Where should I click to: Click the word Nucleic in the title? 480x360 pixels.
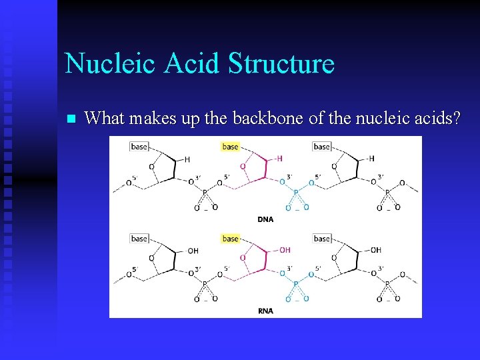coord(109,63)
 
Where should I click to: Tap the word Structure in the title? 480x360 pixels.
coord(281,63)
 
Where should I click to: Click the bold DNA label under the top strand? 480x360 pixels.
coord(265,219)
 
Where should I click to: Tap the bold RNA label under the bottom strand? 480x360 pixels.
coord(265,311)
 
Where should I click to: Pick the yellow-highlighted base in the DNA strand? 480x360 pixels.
coord(231,147)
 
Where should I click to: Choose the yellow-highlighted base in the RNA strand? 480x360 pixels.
coord(231,238)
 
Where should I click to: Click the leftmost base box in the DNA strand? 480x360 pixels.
coord(139,147)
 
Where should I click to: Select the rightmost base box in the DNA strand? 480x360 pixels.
coord(322,147)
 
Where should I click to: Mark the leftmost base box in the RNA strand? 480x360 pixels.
coord(139,238)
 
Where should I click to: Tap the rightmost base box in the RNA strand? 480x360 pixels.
coord(322,238)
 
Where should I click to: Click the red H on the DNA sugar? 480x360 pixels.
coord(279,159)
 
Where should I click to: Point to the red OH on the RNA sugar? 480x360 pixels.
coord(285,250)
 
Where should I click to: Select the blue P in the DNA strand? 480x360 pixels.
coord(296,192)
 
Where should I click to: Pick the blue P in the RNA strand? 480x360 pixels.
coord(296,284)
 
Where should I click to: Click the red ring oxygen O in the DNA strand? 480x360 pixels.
coord(242,166)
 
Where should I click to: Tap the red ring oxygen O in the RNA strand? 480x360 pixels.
coord(242,257)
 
